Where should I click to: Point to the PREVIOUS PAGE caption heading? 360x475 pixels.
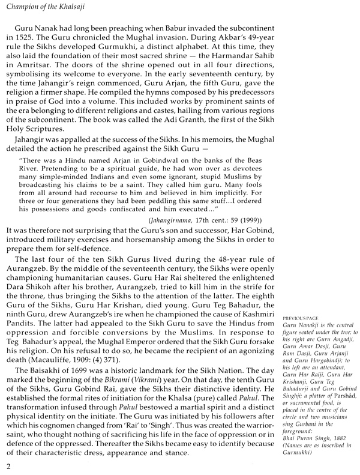click(298, 316)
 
